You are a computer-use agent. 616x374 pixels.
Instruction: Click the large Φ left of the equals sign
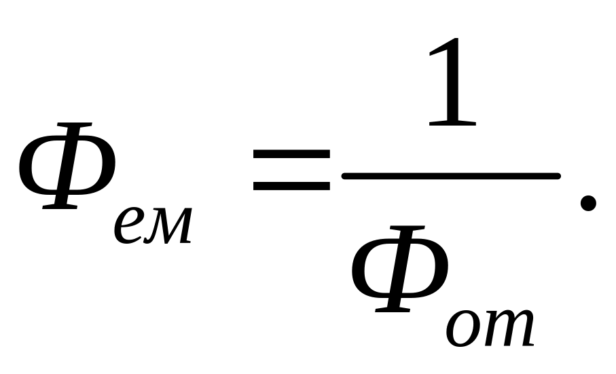coord(67,166)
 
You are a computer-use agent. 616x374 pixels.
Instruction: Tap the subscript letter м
coord(168,227)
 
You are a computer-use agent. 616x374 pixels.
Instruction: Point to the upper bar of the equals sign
coord(291,153)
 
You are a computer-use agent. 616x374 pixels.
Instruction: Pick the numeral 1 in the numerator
coord(452,81)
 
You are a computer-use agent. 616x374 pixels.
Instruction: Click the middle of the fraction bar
coord(451,176)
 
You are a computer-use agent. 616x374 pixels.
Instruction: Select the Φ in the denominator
coord(400,269)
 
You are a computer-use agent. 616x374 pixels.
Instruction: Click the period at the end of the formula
coord(588,203)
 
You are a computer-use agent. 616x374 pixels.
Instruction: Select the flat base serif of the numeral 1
coord(452,124)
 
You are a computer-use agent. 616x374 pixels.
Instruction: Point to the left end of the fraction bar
coord(342,176)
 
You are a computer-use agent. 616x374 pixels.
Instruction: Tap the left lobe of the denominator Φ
coord(367,269)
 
